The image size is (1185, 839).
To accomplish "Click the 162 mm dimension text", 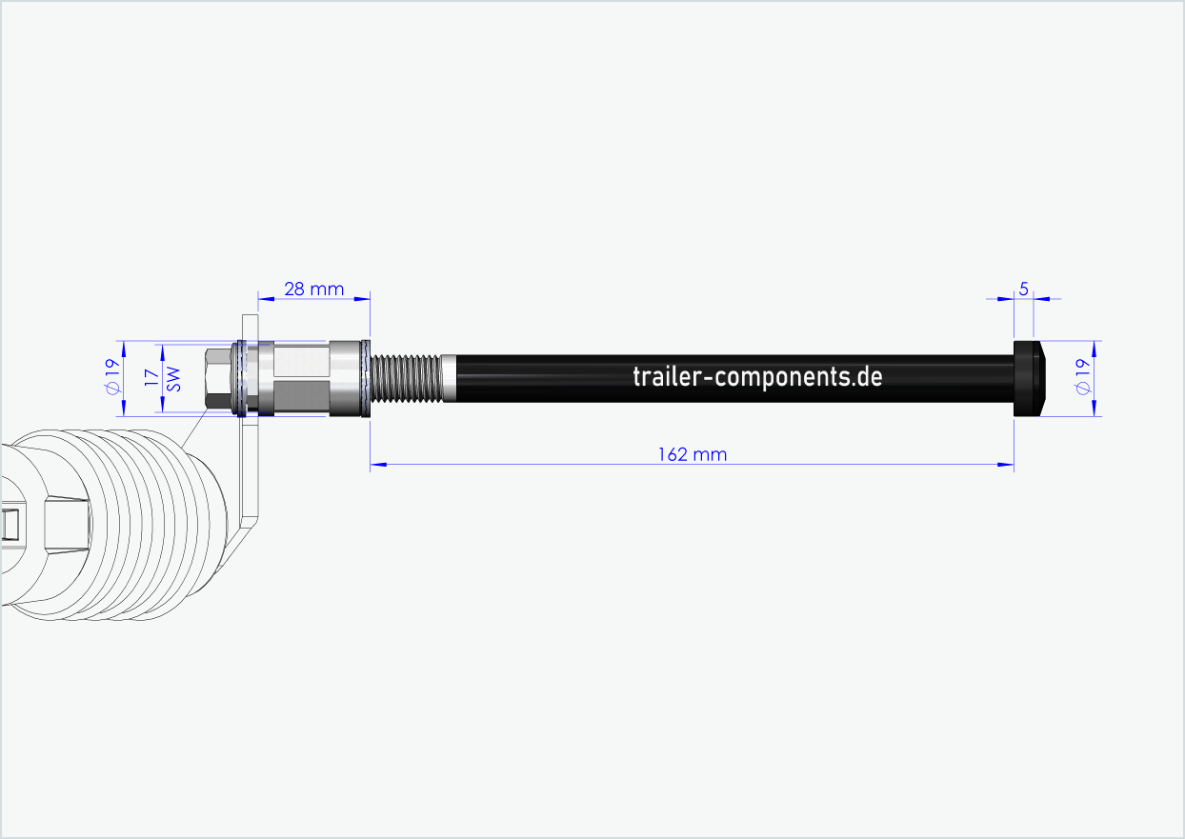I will [692, 454].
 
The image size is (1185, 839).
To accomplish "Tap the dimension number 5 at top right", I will [1023, 288].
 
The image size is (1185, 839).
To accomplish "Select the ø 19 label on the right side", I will [1080, 378].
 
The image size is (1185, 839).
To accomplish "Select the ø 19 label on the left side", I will [110, 378].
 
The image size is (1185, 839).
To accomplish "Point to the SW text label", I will [173, 378].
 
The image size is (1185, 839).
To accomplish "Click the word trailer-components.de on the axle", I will [757, 376].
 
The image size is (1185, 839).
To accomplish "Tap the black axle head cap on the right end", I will [1029, 378].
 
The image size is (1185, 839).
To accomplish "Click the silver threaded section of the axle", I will [405, 378].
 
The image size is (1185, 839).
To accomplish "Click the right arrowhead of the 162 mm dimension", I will [1006, 465].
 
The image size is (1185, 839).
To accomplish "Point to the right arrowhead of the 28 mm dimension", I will [362, 299].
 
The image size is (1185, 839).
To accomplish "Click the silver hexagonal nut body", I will [300, 378].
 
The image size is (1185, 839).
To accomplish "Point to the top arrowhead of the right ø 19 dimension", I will [1095, 347].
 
